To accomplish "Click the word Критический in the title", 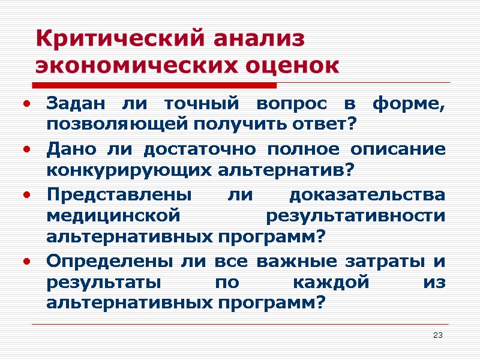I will click(113, 40).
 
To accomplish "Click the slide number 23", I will click(437, 334).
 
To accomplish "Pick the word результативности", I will click(355, 215).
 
